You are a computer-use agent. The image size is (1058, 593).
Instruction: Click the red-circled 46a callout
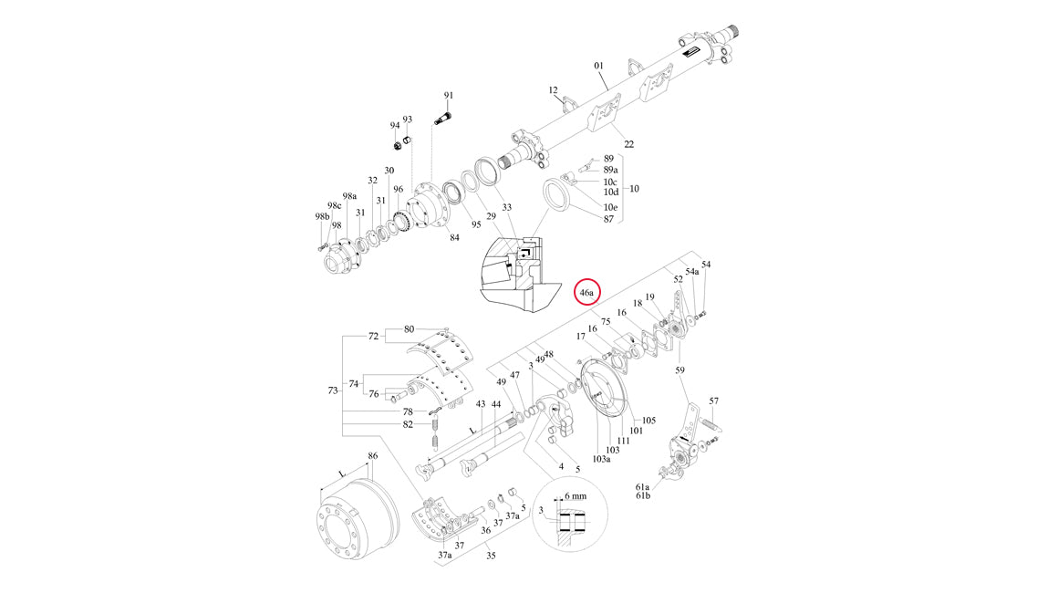click(587, 293)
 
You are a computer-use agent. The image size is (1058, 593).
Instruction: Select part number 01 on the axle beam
click(599, 66)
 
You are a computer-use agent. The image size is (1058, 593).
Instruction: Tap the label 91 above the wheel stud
click(449, 96)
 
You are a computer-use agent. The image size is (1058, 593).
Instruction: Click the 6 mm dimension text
click(575, 495)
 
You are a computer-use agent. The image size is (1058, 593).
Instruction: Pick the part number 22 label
click(628, 144)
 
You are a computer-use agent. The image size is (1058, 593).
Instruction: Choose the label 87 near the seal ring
click(609, 219)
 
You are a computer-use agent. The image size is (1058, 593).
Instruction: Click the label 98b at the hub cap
click(321, 216)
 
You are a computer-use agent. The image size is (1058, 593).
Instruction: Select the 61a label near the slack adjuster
click(643, 486)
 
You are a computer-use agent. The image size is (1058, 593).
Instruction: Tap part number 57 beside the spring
click(714, 401)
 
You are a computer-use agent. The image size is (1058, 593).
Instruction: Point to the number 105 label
click(648, 421)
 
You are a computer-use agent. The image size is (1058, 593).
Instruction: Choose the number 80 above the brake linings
click(409, 328)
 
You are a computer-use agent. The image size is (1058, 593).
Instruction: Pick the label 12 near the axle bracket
click(553, 90)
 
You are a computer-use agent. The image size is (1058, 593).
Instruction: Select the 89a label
click(611, 170)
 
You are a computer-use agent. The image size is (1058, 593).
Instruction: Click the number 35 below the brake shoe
click(490, 555)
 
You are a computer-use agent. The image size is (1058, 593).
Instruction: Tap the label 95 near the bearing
click(475, 224)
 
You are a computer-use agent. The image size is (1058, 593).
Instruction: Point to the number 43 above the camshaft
click(481, 403)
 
